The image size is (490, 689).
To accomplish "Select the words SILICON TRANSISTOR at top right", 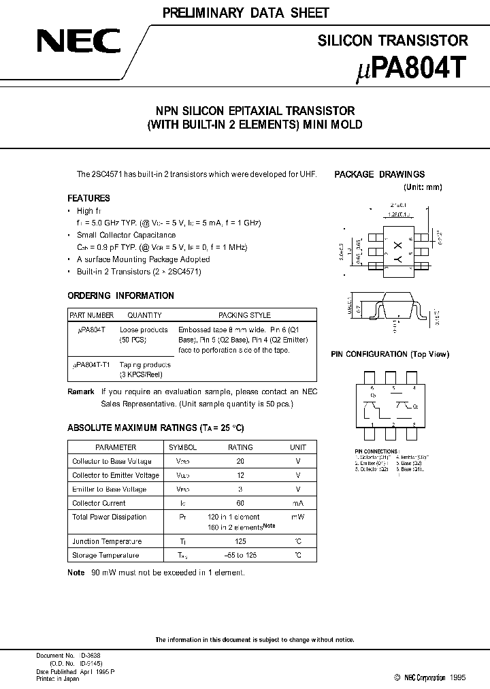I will [x=393, y=40].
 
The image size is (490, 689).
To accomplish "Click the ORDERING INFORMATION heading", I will [x=120, y=296].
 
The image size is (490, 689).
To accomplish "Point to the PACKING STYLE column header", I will [x=244, y=315].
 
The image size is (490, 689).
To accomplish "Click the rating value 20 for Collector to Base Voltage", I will [x=240, y=461].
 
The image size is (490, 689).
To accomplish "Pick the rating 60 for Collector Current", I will [x=240, y=503].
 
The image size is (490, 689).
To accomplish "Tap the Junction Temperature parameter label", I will [x=107, y=542].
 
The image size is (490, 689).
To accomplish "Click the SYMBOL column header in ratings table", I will [x=182, y=447].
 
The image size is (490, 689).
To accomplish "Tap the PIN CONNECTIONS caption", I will [x=376, y=451].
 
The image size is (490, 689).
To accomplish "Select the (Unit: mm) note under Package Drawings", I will [x=423, y=187].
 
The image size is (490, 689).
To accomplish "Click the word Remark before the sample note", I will [x=81, y=391].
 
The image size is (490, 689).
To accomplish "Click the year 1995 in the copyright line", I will [x=457, y=677].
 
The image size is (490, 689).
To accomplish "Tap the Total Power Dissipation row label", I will [x=109, y=517].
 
